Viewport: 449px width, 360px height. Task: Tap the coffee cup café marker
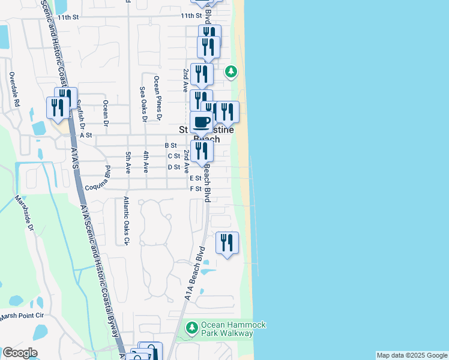(202, 122)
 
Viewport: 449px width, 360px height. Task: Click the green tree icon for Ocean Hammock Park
(192, 328)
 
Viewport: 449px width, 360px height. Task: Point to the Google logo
(19, 353)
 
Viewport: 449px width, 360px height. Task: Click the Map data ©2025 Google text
(412, 355)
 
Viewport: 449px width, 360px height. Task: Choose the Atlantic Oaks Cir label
(126, 221)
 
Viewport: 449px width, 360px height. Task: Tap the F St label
(195, 189)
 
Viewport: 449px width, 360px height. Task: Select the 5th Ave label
(128, 163)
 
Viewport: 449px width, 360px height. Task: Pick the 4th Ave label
(146, 163)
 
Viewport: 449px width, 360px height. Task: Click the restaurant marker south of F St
(227, 243)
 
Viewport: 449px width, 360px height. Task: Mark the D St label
(174, 167)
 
